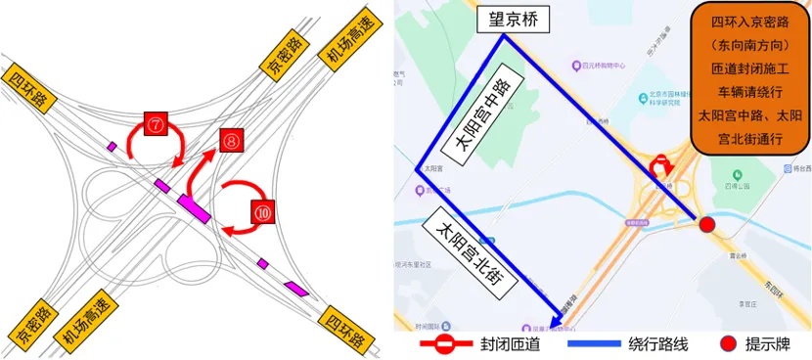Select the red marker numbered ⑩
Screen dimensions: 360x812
(262, 210)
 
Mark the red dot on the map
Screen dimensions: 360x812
(706, 226)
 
